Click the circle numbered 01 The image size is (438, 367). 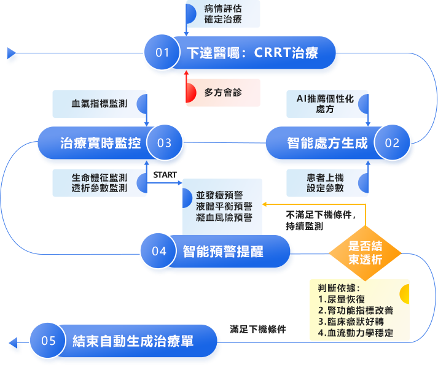[x=162, y=53]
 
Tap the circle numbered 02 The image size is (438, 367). [x=392, y=144]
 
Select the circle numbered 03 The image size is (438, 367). [x=164, y=144]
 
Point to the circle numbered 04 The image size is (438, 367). [x=159, y=251]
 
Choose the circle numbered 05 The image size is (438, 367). [x=48, y=341]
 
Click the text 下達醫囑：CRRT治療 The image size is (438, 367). [x=251, y=53]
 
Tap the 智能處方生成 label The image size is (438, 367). [x=327, y=144]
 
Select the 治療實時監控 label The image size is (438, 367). [x=101, y=144]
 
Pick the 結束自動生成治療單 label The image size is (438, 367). [x=133, y=341]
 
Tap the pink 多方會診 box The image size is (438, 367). [x=222, y=93]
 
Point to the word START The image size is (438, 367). [x=165, y=176]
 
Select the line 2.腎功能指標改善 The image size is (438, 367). [x=356, y=311]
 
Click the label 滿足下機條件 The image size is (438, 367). [x=258, y=329]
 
